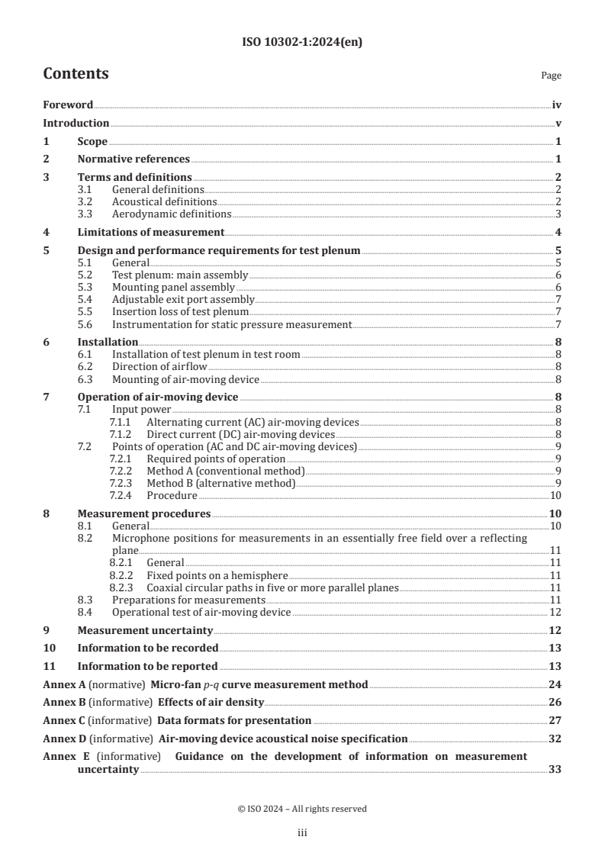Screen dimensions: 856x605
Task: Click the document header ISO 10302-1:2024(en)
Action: (x=302, y=43)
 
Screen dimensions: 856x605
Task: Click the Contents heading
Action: (x=76, y=74)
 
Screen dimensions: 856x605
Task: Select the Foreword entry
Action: (x=68, y=105)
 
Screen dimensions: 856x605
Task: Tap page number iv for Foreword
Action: (x=556, y=105)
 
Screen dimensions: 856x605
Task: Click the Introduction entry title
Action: (x=76, y=123)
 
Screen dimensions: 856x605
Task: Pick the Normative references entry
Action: (x=134, y=159)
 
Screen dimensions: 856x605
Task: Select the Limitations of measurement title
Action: (x=151, y=232)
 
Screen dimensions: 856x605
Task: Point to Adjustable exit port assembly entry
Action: (x=183, y=300)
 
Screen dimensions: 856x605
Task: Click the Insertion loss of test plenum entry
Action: (x=180, y=312)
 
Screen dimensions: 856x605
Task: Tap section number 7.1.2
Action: (x=121, y=434)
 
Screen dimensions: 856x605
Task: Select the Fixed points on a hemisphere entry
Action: (x=217, y=575)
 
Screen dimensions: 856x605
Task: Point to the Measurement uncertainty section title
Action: (x=145, y=630)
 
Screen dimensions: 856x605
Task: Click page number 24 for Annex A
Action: (x=555, y=684)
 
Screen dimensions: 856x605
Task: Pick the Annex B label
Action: (x=62, y=702)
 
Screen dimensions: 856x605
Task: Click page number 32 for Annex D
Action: (x=555, y=739)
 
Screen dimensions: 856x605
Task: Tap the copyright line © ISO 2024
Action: (x=302, y=808)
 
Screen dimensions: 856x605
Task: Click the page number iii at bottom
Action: (x=302, y=833)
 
